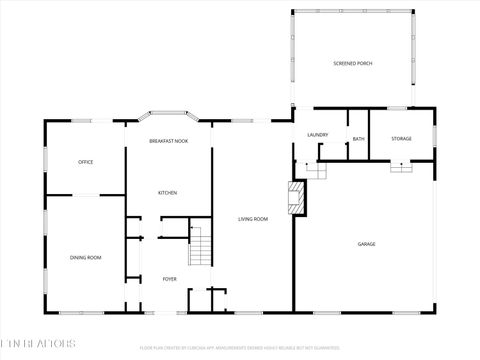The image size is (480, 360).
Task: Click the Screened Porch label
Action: [x=352, y=64]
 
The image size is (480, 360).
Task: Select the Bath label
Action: [x=358, y=139]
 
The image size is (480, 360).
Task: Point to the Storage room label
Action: [x=401, y=139]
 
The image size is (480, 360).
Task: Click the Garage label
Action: [x=367, y=244]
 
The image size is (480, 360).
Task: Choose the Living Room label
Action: [x=252, y=219]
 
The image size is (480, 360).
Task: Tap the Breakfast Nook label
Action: [x=168, y=141]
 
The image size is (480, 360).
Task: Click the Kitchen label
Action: [x=168, y=192]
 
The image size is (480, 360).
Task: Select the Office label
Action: [x=86, y=162]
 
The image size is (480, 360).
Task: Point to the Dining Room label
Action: [x=86, y=258]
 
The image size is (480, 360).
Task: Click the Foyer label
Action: [x=169, y=279]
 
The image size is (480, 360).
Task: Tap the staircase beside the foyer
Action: [x=202, y=247]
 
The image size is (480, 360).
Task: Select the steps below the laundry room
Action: [x=317, y=170]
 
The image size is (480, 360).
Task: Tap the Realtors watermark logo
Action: [x=38, y=344]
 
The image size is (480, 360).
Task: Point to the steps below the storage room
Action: [x=402, y=168]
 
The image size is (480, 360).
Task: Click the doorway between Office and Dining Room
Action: [x=84, y=195]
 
